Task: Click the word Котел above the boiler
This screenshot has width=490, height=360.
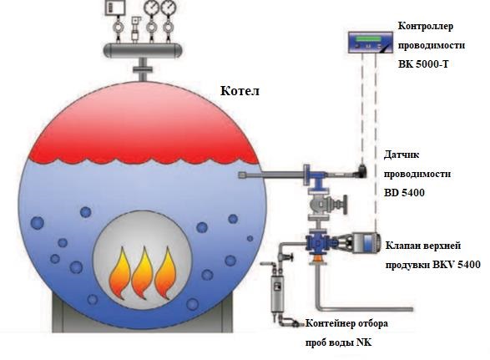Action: pos(240,91)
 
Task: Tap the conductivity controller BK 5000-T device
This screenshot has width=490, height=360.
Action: pos(371,43)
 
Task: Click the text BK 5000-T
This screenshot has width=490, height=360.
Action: pos(423,64)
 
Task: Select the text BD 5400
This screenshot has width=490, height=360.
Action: pos(404,193)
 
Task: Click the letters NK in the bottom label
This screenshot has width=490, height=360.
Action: pos(364,342)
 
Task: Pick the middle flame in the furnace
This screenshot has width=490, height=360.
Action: pos(142,273)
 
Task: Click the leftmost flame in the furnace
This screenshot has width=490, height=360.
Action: pos(119,273)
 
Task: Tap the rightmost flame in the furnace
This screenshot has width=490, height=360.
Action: pos(165,273)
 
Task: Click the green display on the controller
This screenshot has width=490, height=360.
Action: pos(369,39)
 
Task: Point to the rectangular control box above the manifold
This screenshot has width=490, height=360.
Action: pos(115,8)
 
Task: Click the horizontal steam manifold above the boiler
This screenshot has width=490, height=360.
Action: pos(143,50)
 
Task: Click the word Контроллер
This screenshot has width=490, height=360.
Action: pos(426,26)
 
